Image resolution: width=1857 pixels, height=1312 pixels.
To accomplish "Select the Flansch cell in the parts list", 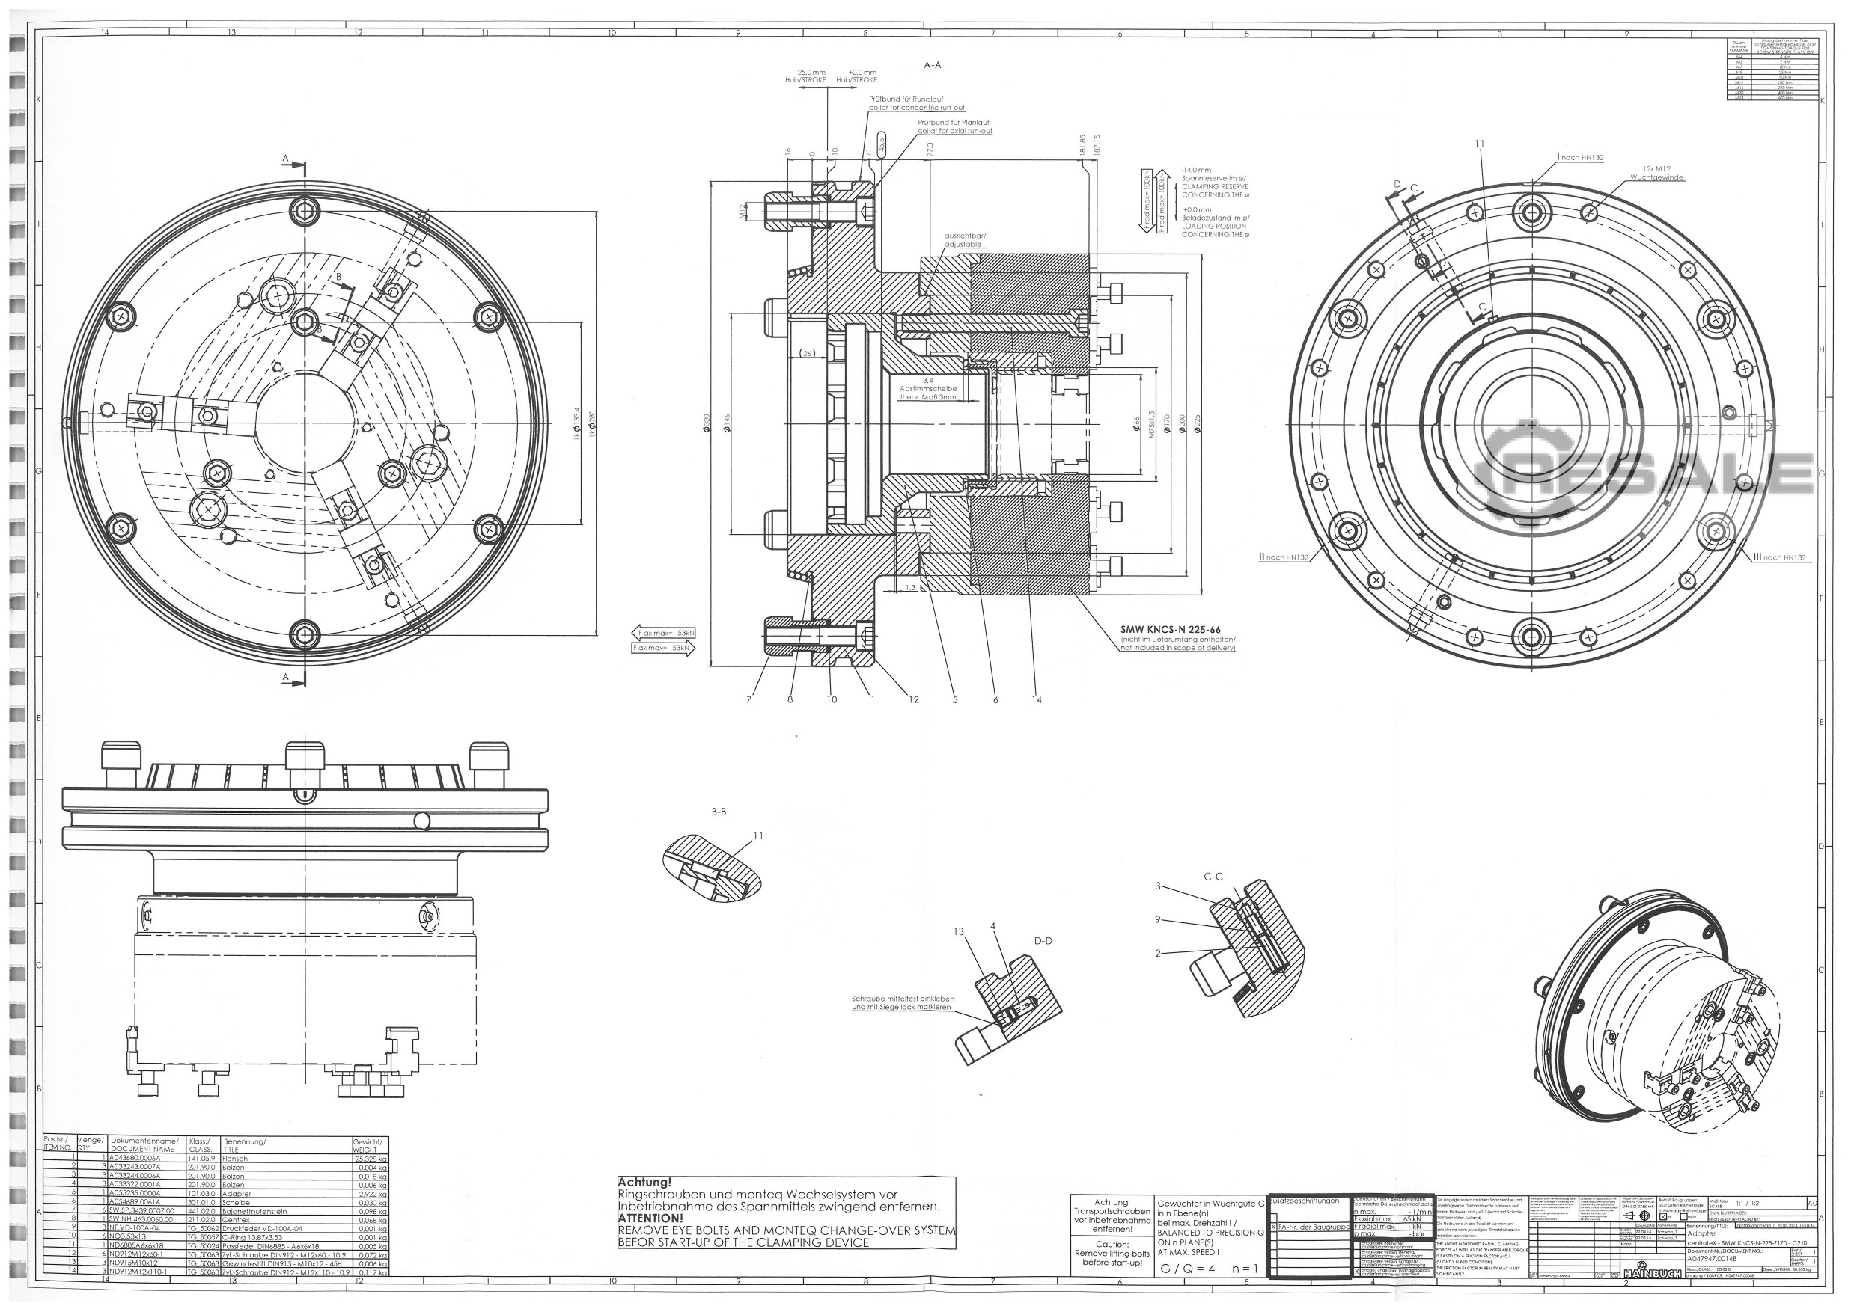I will pyautogui.click(x=235, y=1159).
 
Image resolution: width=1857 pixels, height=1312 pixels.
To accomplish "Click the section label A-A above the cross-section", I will pyautogui.click(x=932, y=64).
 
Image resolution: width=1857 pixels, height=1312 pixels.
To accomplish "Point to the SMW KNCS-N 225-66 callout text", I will pyautogui.click(x=1170, y=630).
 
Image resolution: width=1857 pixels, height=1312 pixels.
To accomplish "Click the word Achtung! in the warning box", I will pyautogui.click(x=644, y=1183).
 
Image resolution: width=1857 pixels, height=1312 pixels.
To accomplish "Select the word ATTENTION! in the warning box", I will pyautogui.click(x=650, y=1218).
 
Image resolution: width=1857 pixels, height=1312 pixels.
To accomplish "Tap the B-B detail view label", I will pyautogui.click(x=719, y=812).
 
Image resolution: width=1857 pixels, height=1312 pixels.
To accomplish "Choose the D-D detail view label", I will pyautogui.click(x=1043, y=941).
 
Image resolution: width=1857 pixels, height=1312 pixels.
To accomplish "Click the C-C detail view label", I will pyautogui.click(x=1213, y=876).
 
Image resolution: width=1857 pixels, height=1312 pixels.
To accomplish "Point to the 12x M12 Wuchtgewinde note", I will pyautogui.click(x=1656, y=173).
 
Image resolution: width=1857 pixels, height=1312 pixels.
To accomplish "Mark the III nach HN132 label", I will pyautogui.click(x=1778, y=557).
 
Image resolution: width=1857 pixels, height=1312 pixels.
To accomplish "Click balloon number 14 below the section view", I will pyautogui.click(x=1037, y=700).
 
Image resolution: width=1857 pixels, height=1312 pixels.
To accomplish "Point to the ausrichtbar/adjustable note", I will pyautogui.click(x=963, y=240).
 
